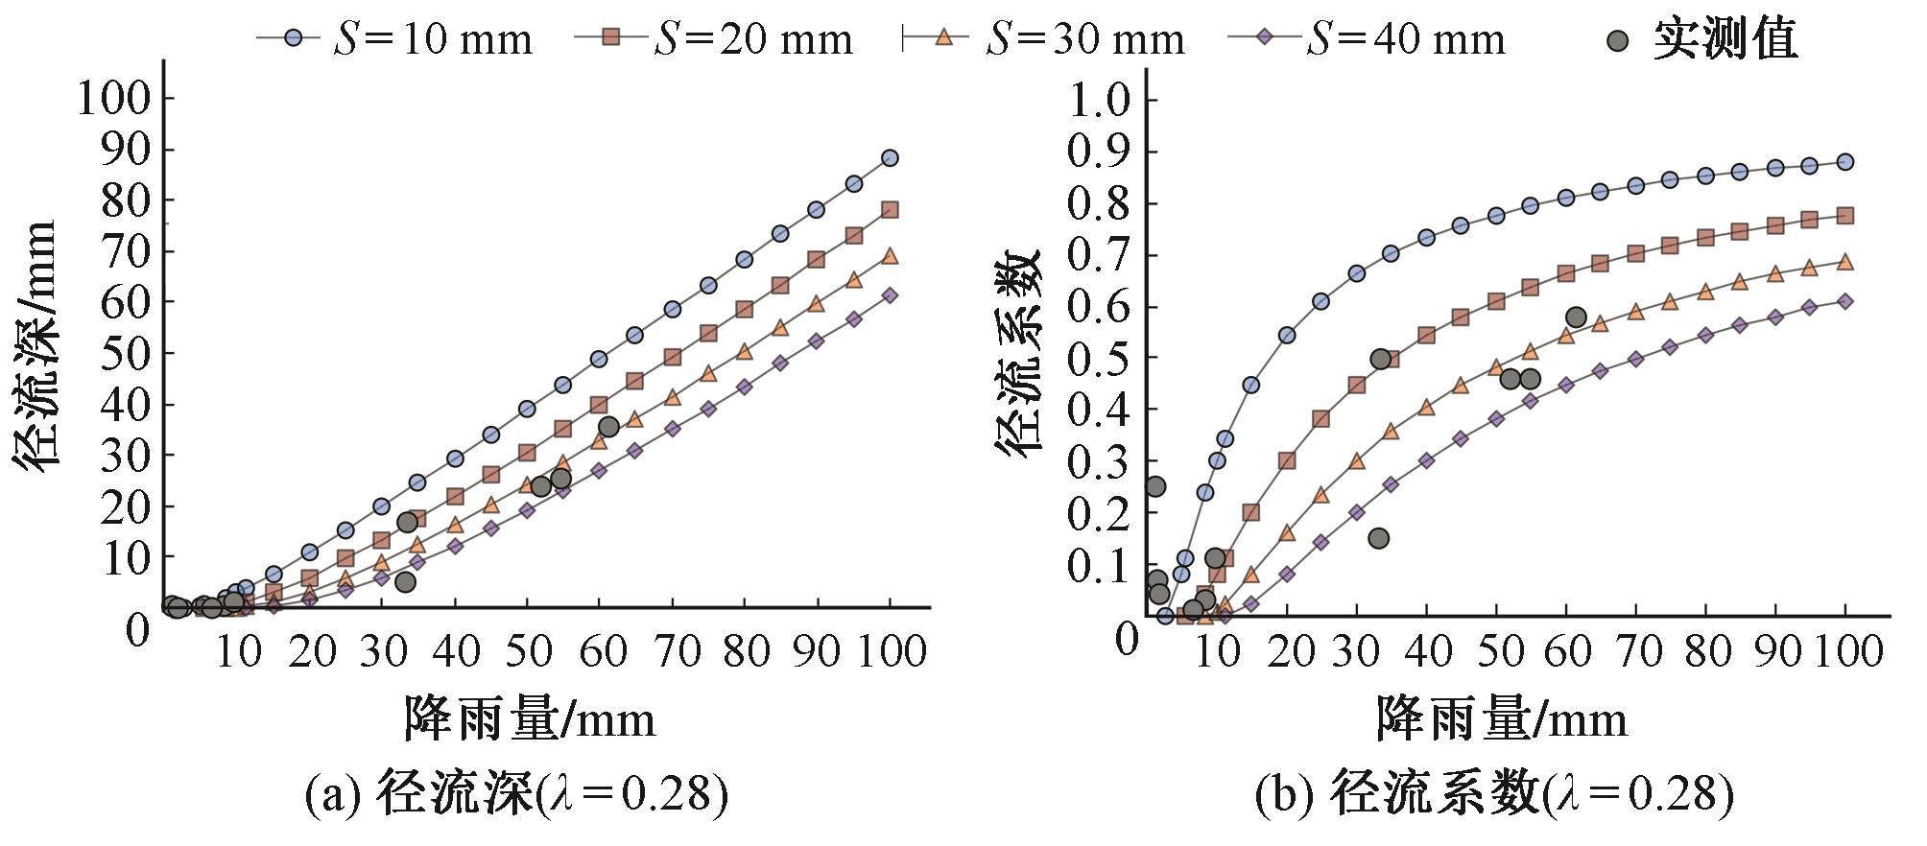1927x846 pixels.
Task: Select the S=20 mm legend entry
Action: [x=715, y=38]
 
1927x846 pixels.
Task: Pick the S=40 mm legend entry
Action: [x=1367, y=38]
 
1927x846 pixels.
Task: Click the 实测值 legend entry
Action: [x=1699, y=39]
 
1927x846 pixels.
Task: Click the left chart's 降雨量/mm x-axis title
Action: [x=530, y=717]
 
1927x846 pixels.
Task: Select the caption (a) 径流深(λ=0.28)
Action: [x=516, y=794]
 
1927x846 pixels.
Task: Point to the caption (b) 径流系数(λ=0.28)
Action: [x=1493, y=794]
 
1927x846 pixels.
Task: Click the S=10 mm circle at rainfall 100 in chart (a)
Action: [x=890, y=157]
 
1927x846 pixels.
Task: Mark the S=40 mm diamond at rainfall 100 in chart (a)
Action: [x=890, y=295]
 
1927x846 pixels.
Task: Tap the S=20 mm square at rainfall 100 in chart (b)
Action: [x=1844, y=216]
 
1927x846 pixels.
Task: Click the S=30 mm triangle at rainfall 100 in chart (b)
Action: [x=1844, y=262]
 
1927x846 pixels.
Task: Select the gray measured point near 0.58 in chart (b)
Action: [x=1575, y=317]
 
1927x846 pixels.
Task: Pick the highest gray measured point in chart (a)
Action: [x=608, y=426]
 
